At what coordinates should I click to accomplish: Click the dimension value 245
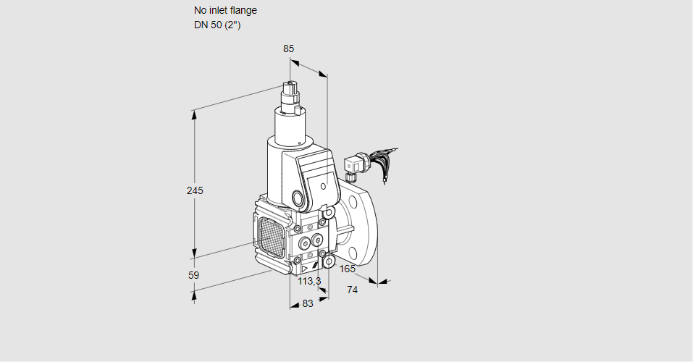click(x=195, y=191)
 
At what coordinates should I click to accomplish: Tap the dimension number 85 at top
click(x=288, y=49)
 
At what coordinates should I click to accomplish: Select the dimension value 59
click(x=193, y=275)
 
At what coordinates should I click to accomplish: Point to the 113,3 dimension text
click(x=309, y=281)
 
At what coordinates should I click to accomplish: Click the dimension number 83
click(x=308, y=304)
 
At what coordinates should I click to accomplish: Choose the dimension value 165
click(x=348, y=269)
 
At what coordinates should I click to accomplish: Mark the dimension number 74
click(x=353, y=290)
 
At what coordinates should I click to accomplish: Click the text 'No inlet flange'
click(x=225, y=10)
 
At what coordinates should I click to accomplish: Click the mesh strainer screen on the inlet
click(x=270, y=235)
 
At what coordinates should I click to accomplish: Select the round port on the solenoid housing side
click(x=298, y=198)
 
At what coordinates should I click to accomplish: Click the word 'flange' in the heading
click(x=243, y=10)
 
